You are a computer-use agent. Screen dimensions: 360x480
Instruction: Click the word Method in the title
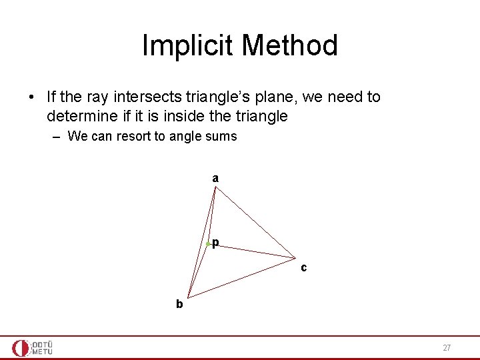(290, 46)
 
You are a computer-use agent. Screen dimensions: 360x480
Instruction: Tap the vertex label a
(215, 178)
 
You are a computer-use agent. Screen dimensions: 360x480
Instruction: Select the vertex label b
(179, 304)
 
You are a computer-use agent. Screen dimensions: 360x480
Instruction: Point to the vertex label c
(303, 268)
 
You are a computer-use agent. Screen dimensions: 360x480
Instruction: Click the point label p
(216, 243)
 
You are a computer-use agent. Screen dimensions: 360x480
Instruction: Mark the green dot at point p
(208, 245)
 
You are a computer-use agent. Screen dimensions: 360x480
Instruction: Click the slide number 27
(447, 348)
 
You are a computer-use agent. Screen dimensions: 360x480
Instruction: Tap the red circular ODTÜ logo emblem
(21, 348)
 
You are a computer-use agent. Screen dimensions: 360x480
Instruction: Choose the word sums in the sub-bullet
(221, 137)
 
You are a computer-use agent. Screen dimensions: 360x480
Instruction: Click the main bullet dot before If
(31, 98)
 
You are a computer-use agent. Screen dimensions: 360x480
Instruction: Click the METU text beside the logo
(42, 351)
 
